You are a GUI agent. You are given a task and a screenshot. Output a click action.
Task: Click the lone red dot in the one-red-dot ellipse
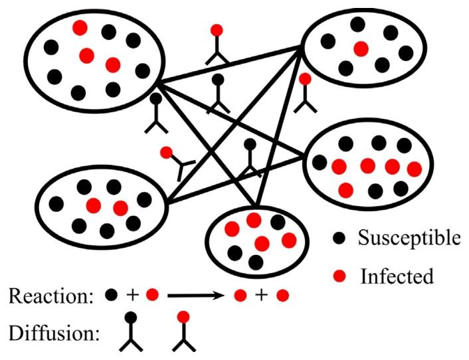(361, 48)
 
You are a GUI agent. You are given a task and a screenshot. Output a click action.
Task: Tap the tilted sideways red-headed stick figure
(175, 161)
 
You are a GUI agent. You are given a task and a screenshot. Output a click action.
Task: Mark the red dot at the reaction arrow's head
(241, 294)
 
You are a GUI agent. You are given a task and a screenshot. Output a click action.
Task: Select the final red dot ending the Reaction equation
(282, 294)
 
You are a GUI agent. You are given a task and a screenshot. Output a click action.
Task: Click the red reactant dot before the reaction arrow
(152, 294)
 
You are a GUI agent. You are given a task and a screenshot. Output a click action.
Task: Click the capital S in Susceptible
(363, 238)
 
